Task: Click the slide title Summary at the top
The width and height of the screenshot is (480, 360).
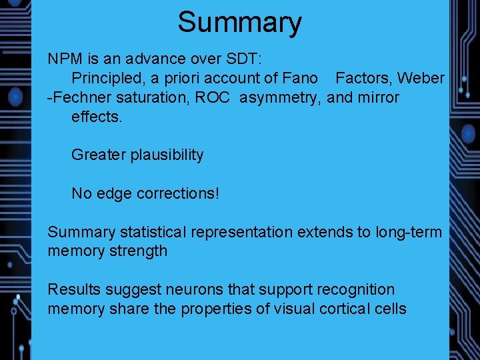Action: click(x=239, y=22)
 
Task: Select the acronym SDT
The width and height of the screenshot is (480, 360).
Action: click(x=246, y=59)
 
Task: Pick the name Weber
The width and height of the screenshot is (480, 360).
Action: click(x=421, y=78)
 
